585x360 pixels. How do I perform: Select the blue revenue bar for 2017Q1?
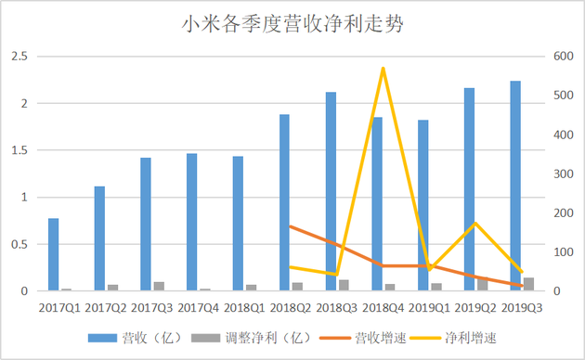(x=54, y=255)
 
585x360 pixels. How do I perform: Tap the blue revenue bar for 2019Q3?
(x=515, y=186)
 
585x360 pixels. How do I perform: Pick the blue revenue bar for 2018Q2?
(x=285, y=202)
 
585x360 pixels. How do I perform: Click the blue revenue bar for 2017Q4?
(x=192, y=223)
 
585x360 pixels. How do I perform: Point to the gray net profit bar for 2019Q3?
(x=528, y=284)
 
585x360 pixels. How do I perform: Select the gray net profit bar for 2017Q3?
(x=159, y=287)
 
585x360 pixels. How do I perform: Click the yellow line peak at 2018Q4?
(x=383, y=68)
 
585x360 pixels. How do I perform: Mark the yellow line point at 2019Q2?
(x=475, y=223)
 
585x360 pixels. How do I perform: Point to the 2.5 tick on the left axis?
(x=19, y=57)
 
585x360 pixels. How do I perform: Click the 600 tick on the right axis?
(x=565, y=57)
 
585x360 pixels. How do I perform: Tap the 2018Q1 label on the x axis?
(x=244, y=305)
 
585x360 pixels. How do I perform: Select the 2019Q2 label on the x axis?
(x=475, y=305)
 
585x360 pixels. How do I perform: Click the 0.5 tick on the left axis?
(x=19, y=245)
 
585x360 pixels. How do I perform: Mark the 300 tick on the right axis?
(x=565, y=174)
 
